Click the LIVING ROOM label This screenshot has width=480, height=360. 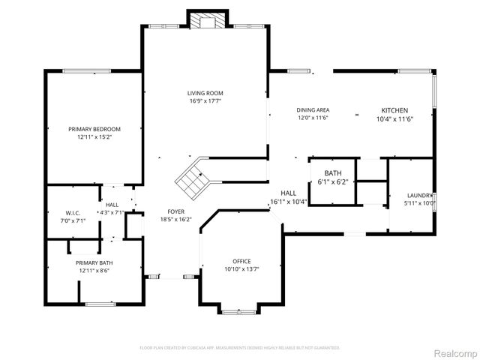point(205,93)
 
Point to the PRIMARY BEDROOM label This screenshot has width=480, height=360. point(94,129)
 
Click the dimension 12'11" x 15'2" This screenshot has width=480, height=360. point(94,137)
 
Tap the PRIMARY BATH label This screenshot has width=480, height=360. point(94,262)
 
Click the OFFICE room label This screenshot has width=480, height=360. point(241,261)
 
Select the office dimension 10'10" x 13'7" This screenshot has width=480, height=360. point(241,269)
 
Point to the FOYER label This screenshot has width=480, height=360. point(176,211)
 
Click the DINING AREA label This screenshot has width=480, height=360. point(313,110)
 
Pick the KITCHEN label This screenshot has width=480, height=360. point(394,109)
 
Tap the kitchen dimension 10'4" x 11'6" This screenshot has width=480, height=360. point(394,118)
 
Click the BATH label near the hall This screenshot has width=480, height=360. point(333,173)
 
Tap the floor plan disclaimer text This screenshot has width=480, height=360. point(240,348)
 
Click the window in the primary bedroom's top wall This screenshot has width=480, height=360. point(87,71)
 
